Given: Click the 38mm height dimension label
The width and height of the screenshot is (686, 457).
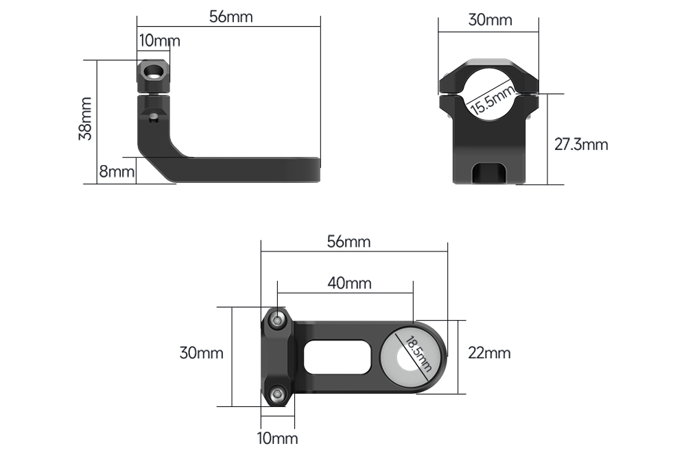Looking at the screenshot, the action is pyautogui.click(x=85, y=119).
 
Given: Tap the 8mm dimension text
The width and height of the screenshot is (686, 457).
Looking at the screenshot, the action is pyautogui.click(x=117, y=172).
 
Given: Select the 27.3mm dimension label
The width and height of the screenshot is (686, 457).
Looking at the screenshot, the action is pyautogui.click(x=581, y=145).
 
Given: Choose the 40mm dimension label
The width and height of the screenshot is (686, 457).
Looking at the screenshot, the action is pyautogui.click(x=350, y=283).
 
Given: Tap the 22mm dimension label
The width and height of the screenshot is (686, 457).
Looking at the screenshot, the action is pyautogui.click(x=489, y=353).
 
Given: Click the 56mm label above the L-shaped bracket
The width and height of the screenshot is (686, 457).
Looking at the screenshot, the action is pyautogui.click(x=231, y=16).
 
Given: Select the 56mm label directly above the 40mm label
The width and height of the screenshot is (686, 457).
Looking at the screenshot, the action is pyautogui.click(x=348, y=242).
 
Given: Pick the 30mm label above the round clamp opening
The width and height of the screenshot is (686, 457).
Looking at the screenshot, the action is pyautogui.click(x=490, y=20).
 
